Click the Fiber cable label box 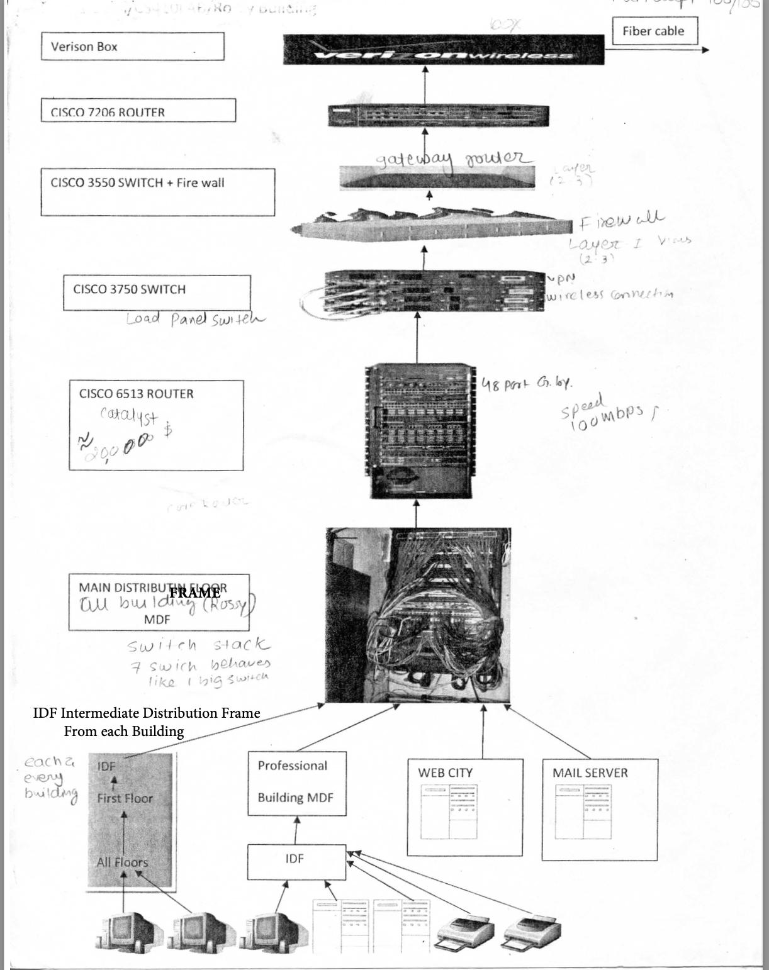click(654, 31)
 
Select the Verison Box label click(132, 47)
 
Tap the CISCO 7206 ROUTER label click(138, 111)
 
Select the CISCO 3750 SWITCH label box click(157, 292)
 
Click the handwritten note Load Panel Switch click(196, 318)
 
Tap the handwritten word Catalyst click(130, 416)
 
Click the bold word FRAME click(195, 593)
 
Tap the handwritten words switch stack click(198, 645)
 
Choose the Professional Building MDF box click(296, 783)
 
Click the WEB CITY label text click(445, 773)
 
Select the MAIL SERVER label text click(590, 773)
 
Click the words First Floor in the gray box click(125, 798)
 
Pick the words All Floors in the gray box click(123, 862)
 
